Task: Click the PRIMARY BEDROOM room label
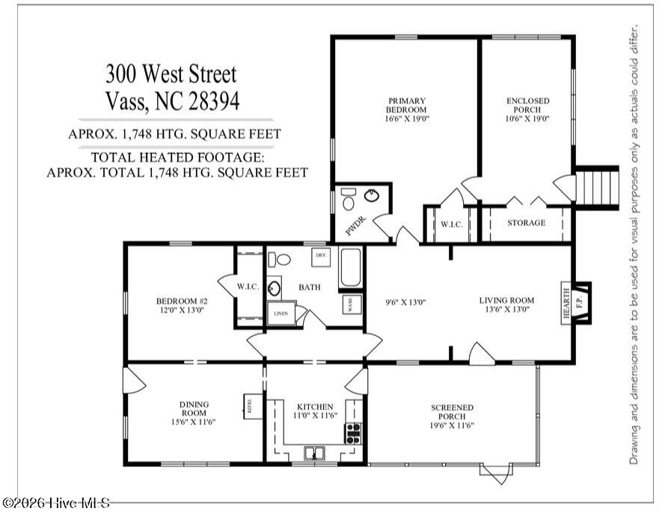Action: click(407, 105)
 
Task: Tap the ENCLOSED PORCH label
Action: click(527, 105)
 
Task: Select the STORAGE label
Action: click(527, 223)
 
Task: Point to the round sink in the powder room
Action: click(372, 195)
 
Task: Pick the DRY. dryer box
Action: click(321, 257)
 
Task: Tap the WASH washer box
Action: click(352, 304)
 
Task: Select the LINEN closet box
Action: click(281, 314)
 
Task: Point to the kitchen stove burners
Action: click(353, 433)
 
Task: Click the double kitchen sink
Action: click(314, 453)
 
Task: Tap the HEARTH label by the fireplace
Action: click(566, 303)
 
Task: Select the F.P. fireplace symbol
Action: click(580, 303)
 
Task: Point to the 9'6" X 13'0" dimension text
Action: click(405, 302)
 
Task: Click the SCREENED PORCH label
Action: click(452, 412)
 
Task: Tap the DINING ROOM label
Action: click(194, 409)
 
